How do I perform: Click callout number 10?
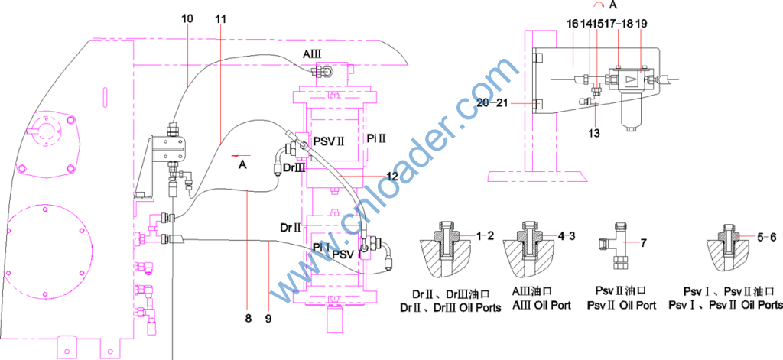pos(187,19)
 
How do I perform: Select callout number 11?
pos(221,19)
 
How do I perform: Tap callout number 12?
pos(392,176)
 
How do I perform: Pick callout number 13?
pos(593,133)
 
